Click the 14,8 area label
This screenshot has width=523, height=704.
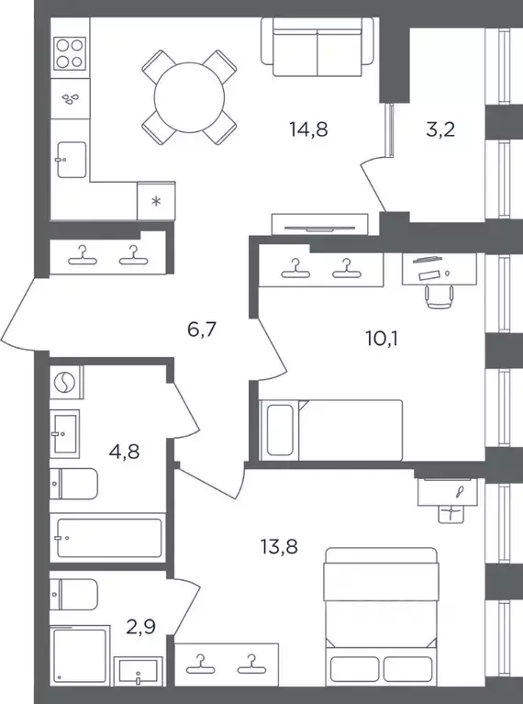point(309,129)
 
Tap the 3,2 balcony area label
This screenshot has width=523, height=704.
point(440,129)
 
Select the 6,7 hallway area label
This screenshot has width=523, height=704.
point(202,330)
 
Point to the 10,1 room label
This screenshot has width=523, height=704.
point(382,339)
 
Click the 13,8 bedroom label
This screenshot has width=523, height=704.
point(279,547)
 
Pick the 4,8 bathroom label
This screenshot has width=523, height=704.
point(124,452)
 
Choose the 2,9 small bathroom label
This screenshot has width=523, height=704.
point(140,627)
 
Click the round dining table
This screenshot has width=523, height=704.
point(189,97)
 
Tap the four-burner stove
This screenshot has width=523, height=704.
point(70,53)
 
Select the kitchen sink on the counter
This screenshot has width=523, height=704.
point(72,160)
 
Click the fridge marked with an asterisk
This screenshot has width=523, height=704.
point(156,201)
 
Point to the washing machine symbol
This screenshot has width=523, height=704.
point(66,382)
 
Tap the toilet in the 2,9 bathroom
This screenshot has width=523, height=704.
point(73,595)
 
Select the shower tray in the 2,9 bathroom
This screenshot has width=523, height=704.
point(80,655)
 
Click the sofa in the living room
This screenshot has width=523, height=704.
point(317,47)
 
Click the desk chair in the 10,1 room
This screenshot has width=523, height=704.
point(440,296)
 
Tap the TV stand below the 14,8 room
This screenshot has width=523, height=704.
point(319,224)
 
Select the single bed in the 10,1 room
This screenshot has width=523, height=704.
point(331,430)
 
